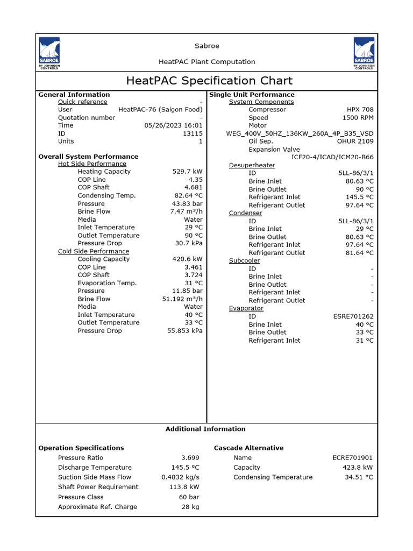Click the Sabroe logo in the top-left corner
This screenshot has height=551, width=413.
[x=49, y=54]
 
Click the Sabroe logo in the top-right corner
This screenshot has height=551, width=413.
[x=364, y=54]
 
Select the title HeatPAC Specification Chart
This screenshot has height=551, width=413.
[x=209, y=81]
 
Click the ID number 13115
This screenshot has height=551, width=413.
[x=193, y=133]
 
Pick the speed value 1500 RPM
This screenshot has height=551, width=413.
[x=358, y=118]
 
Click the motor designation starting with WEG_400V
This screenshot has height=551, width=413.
[x=300, y=133]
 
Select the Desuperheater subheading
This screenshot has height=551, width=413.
[x=252, y=165]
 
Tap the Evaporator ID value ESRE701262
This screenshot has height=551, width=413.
[x=353, y=317]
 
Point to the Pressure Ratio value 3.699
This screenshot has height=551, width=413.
[x=190, y=458]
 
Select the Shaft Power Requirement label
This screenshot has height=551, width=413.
[x=98, y=487]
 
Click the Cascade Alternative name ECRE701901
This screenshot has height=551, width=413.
[x=352, y=458]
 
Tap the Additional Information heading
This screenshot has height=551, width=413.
[x=205, y=429]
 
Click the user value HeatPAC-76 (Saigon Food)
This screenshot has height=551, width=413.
[x=160, y=110]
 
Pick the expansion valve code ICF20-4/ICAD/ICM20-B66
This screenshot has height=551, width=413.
[x=332, y=157]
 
